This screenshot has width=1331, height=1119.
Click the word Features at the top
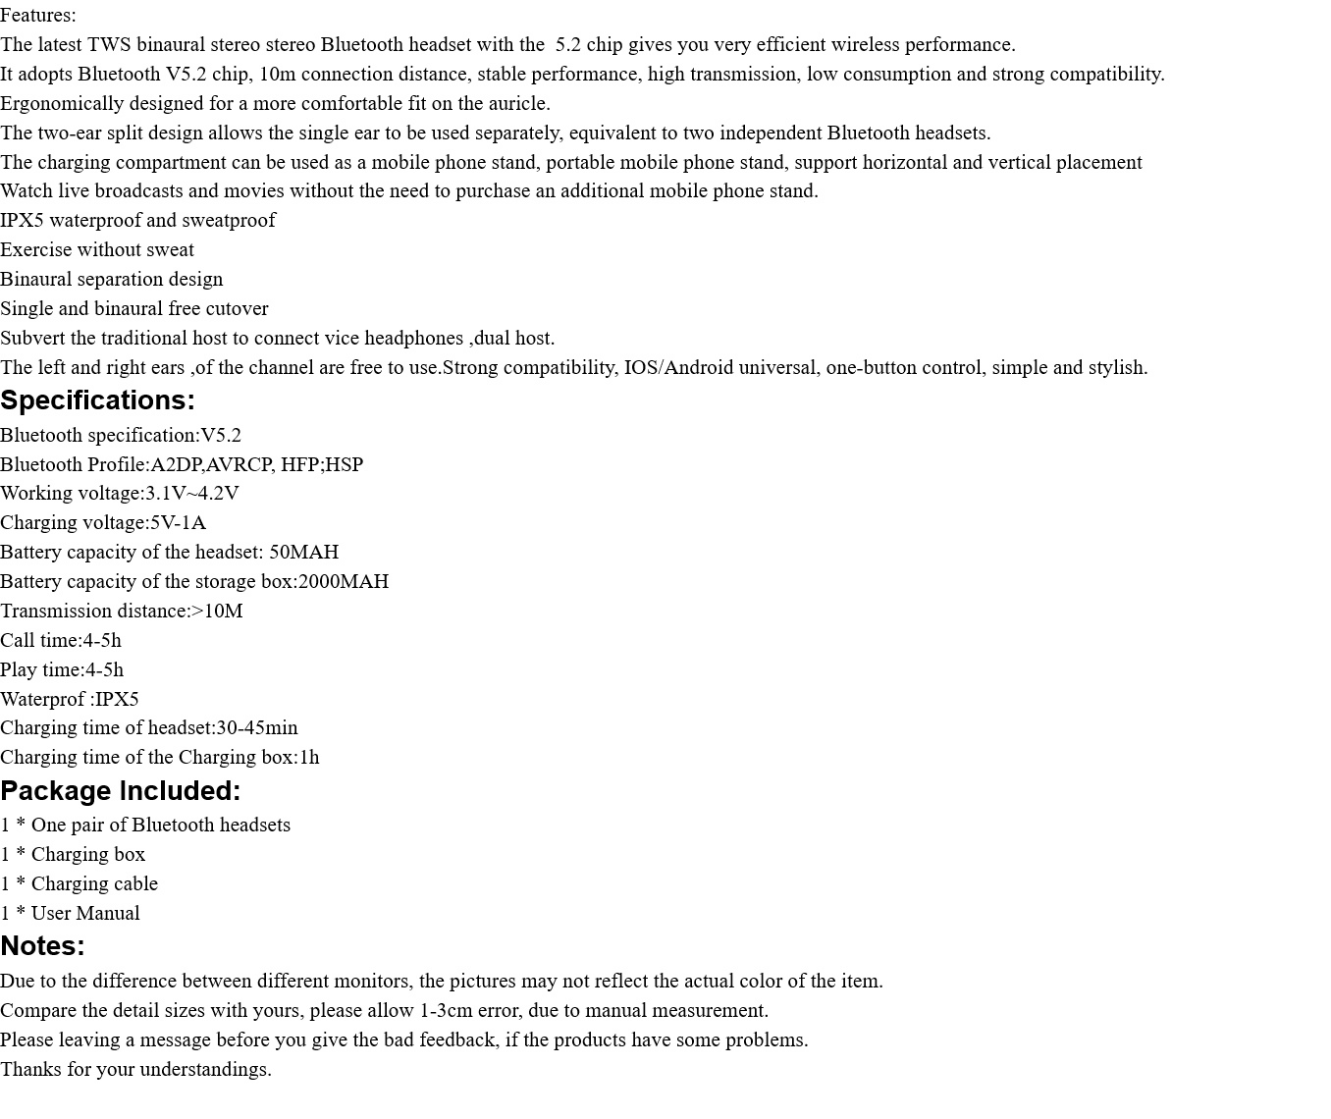(36, 15)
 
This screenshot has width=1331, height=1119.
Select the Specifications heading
(97, 400)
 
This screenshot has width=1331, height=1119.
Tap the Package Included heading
(120, 791)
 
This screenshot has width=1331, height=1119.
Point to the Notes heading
(42, 946)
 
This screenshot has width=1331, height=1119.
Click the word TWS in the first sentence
(108, 44)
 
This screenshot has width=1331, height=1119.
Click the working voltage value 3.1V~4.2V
(192, 493)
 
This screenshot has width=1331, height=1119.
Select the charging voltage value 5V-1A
(178, 522)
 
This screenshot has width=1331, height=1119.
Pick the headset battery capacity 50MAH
(303, 552)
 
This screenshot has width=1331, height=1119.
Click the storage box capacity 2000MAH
(343, 581)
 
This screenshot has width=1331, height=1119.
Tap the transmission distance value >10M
(217, 611)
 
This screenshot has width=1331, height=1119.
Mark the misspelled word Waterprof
(42, 699)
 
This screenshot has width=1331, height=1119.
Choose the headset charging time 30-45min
(256, 727)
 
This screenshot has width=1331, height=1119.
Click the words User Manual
(85, 913)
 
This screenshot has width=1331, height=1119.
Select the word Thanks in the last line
(29, 1069)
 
